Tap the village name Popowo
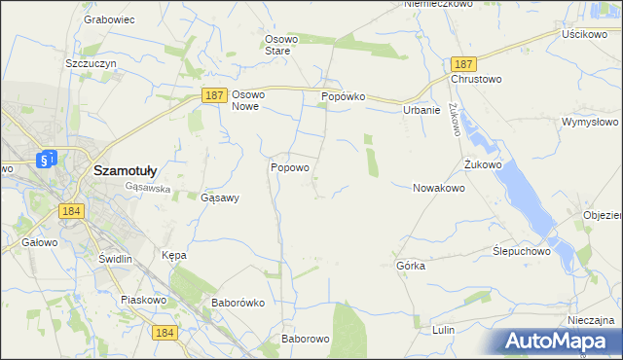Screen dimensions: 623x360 pyautogui.click(x=290, y=167)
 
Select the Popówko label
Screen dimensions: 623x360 pyautogui.click(x=343, y=97)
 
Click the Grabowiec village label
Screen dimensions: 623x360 pyautogui.click(x=108, y=19)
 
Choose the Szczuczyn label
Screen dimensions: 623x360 pyautogui.click(x=92, y=62)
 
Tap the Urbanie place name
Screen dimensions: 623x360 pyautogui.click(x=421, y=110)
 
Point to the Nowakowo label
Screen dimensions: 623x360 pyautogui.click(x=439, y=188)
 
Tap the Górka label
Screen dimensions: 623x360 pyautogui.click(x=411, y=266)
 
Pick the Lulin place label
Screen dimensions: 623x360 pyautogui.click(x=443, y=330)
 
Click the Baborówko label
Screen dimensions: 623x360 pyautogui.click(x=238, y=303)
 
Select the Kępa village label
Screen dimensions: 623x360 pyautogui.click(x=173, y=255)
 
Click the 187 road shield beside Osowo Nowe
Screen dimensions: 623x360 pyautogui.click(x=216, y=95)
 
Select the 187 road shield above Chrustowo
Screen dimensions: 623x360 pyautogui.click(x=462, y=62)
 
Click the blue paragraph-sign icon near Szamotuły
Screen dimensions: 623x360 pyautogui.click(x=46, y=159)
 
